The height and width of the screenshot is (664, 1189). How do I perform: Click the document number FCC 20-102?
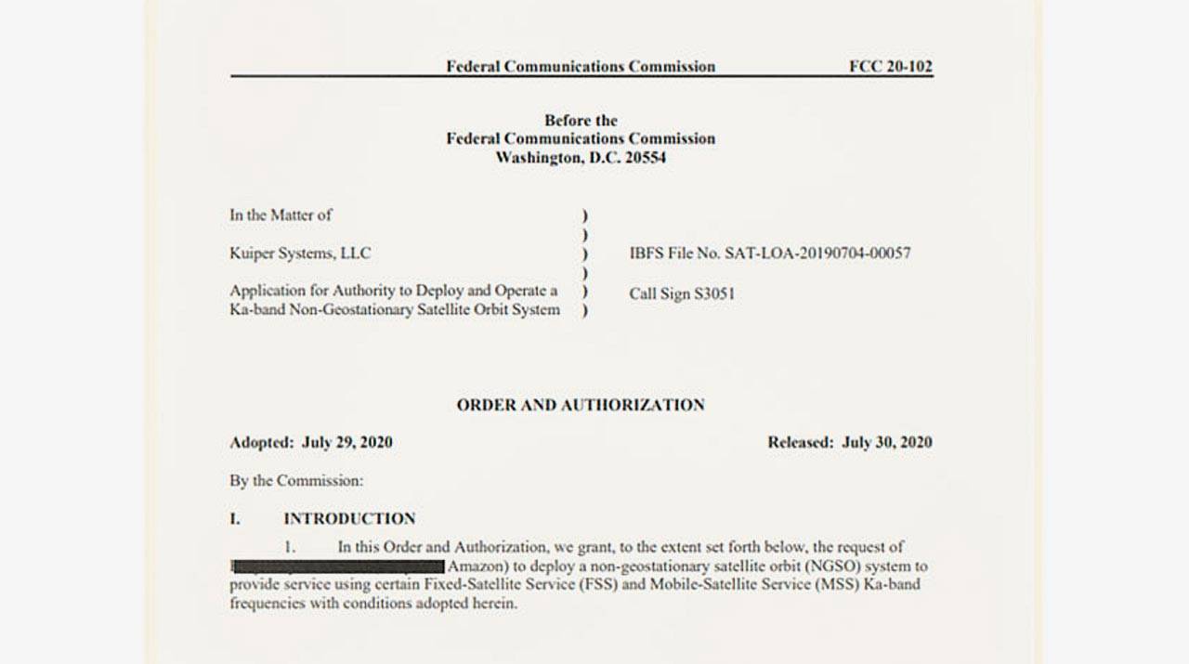coord(890,66)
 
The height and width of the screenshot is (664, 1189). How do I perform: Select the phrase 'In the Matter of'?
coord(281,215)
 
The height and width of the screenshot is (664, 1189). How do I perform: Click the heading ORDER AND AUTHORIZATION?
coord(580,405)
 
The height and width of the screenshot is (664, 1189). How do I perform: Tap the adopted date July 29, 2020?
coord(346,442)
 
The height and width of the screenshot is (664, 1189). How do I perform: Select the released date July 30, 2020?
coord(886,442)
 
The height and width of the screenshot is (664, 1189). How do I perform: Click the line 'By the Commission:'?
coord(296,481)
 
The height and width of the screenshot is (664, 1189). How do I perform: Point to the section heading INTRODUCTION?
coord(349,518)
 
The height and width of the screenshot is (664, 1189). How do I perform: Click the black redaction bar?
coord(338,566)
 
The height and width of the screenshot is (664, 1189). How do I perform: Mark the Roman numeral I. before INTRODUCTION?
coord(235,518)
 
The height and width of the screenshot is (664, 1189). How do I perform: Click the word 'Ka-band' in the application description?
coord(255,309)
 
